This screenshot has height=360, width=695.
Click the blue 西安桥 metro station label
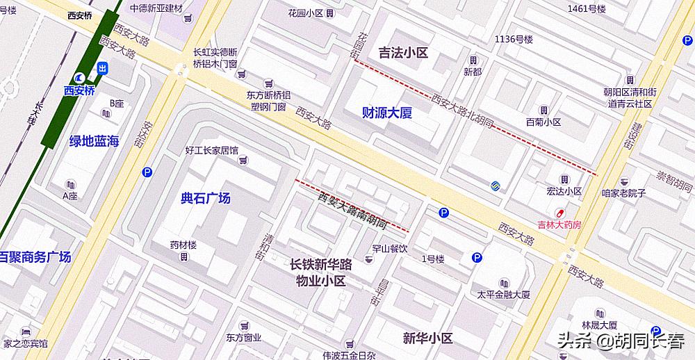pos(79,90)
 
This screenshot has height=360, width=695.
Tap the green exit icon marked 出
pos(103,68)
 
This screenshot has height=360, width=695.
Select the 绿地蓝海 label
pos(94,141)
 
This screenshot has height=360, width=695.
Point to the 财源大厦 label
pos(387,113)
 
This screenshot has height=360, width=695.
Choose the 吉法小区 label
pos(402,52)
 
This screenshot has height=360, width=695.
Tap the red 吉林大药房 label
pos(559,224)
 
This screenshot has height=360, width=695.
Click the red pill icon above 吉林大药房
pos(557,212)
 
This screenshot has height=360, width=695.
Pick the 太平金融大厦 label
pos(503,295)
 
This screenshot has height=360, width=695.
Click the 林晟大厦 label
pos(600,325)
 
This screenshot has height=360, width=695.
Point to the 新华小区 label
pos(427,338)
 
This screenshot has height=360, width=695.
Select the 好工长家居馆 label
pos(211,150)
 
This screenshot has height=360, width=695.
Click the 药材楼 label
pos(183,245)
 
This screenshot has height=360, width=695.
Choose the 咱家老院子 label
pos(623,193)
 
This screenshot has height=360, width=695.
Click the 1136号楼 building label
pos(513,39)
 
